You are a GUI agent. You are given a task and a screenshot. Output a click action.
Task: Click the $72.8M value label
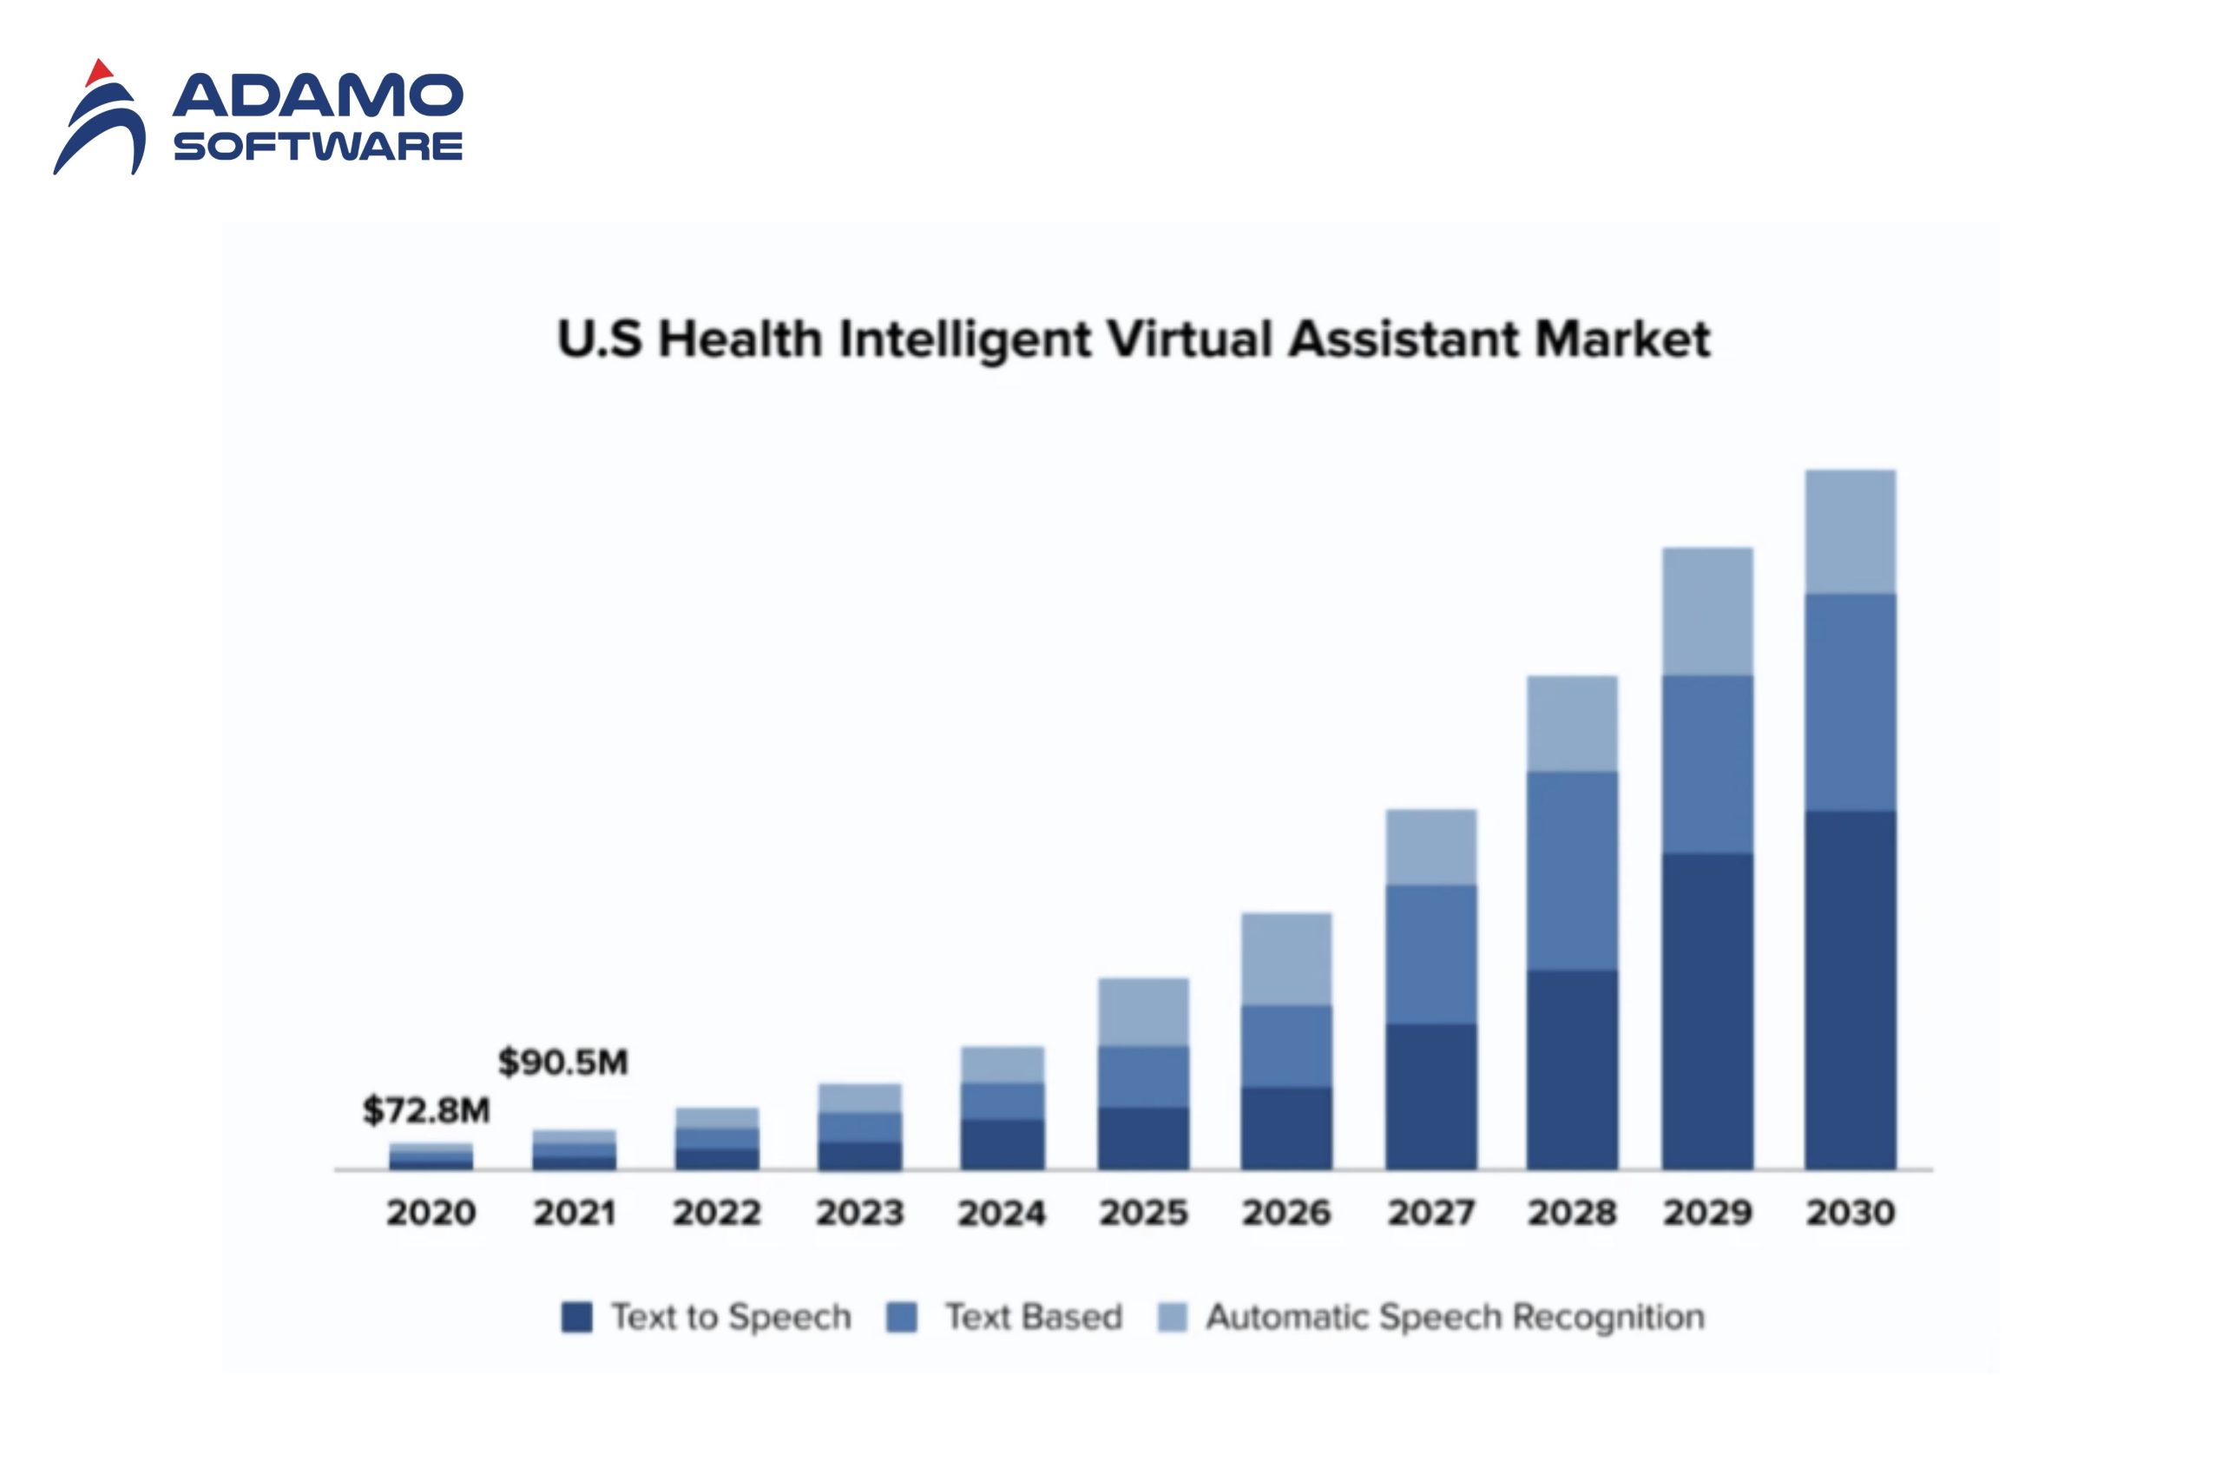coord(426,1111)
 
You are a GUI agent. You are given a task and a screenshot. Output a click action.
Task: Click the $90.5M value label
coord(562,1063)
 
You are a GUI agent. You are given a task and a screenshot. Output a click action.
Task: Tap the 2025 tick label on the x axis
coord(1142,1213)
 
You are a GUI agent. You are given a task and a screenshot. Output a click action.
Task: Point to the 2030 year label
coord(1850,1213)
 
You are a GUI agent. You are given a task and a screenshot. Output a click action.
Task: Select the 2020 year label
coord(431,1213)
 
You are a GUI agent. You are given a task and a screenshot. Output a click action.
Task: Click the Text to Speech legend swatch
coord(576,1317)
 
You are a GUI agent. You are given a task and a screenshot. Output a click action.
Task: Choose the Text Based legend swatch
coord(902,1317)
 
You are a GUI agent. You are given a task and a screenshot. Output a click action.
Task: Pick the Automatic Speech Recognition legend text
coord(1454,1317)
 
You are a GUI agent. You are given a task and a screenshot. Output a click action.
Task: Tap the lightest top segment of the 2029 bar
coord(1707,611)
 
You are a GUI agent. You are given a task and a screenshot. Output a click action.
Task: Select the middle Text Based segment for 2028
coord(1571,871)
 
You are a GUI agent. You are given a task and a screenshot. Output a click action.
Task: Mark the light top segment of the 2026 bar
coord(1286,958)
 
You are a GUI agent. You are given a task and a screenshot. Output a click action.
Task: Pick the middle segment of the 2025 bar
coord(1142,1076)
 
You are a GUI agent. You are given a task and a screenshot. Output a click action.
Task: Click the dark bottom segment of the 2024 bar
coord(1002,1144)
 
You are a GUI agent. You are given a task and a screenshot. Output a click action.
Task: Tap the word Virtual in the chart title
coord(1191,339)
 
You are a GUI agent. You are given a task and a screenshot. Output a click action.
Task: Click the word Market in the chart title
coord(1621,339)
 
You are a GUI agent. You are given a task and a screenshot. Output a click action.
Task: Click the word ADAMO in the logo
coord(318,95)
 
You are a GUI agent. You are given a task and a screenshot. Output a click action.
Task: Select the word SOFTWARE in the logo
coord(318,147)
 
